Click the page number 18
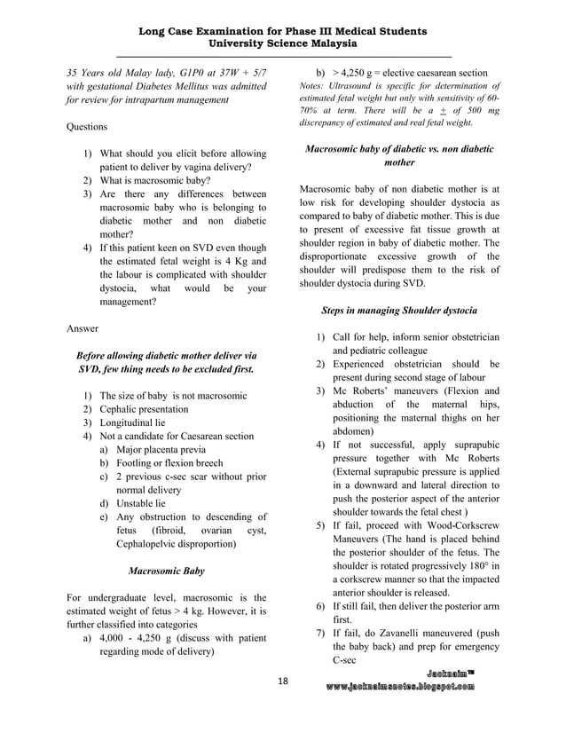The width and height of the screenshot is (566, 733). [283, 681]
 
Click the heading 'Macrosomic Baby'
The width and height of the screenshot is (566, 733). [167, 571]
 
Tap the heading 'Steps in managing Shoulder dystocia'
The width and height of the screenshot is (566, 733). [399, 311]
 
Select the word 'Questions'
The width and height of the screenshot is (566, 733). [87, 127]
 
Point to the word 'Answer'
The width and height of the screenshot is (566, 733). [83, 328]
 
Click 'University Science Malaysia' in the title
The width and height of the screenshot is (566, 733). [283, 43]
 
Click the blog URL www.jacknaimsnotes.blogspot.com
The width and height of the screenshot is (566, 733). [399, 687]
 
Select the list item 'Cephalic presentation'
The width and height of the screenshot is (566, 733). [144, 409]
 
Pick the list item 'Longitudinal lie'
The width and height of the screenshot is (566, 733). [135, 422]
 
